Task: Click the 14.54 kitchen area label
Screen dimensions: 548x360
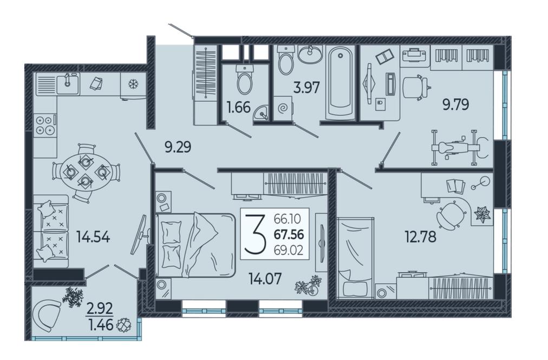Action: click(93, 238)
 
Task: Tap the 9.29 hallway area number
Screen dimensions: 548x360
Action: click(178, 147)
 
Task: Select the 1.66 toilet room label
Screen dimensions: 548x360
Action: click(239, 107)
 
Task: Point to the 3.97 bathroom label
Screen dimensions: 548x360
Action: click(306, 87)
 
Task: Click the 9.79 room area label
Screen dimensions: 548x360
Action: click(456, 104)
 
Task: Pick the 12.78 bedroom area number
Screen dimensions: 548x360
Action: click(420, 237)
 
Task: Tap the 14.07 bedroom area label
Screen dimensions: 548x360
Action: click(265, 279)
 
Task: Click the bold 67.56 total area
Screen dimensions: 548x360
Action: click(289, 234)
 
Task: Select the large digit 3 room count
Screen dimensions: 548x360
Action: click(255, 233)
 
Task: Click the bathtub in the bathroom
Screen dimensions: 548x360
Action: click(341, 83)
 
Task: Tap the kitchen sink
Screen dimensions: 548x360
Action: click(68, 83)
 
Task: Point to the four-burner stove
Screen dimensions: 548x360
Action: click(45, 125)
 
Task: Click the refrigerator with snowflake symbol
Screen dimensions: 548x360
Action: click(133, 85)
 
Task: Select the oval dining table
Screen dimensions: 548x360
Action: click(86, 172)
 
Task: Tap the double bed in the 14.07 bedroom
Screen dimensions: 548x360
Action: click(195, 245)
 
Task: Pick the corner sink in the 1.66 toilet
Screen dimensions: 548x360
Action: click(260, 113)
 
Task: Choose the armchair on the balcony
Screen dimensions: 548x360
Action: click(46, 317)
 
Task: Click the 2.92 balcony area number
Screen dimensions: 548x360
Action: click(100, 309)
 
